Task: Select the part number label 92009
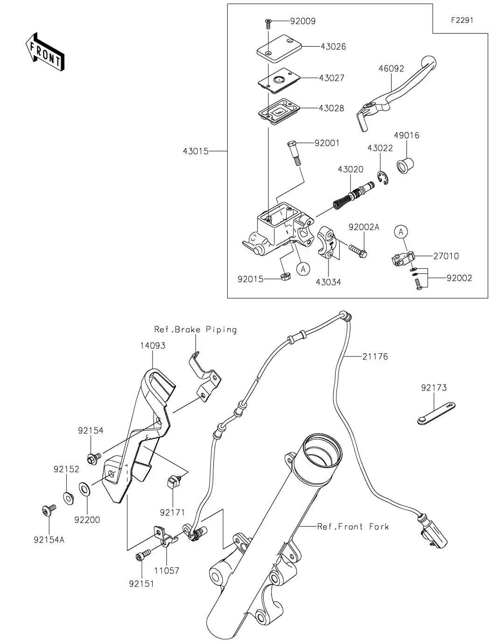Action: [x=302, y=21]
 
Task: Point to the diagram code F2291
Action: [x=462, y=21]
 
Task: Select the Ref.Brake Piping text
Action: [x=196, y=329]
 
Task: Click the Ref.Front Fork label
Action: [x=353, y=526]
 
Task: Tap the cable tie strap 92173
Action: [x=435, y=413]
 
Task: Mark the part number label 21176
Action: [x=375, y=356]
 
